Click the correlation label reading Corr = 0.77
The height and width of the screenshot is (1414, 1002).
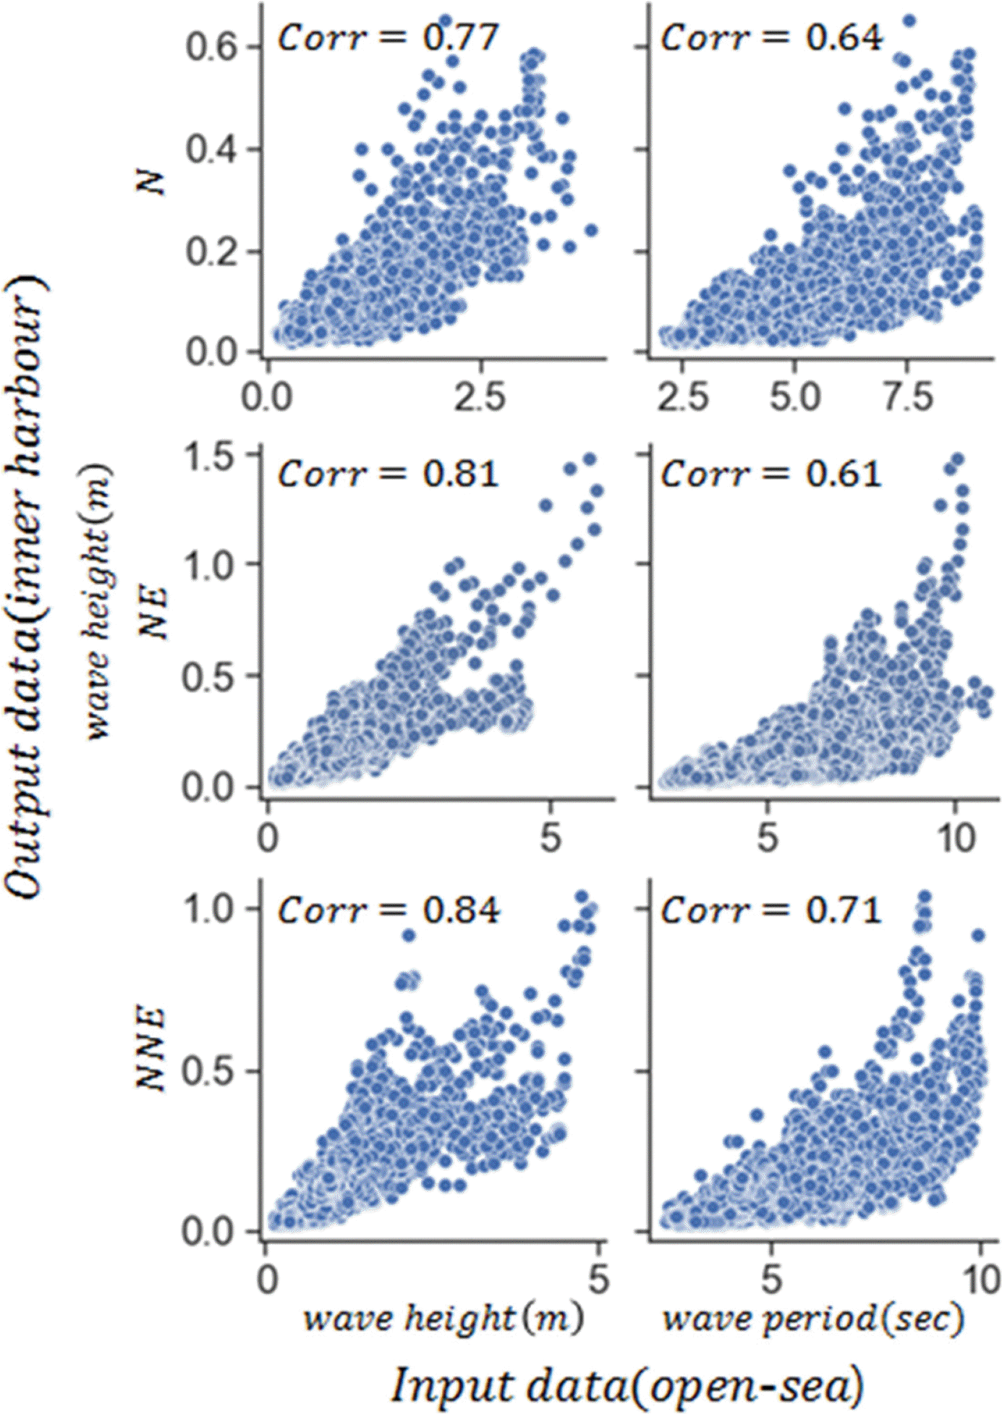tap(389, 38)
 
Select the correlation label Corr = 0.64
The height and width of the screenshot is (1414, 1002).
tap(771, 38)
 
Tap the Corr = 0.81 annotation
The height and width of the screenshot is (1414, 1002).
tap(389, 474)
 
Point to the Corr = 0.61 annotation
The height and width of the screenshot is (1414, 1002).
tap(771, 474)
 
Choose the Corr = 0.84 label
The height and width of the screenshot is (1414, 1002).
tap(389, 910)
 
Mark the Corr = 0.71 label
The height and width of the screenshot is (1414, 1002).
tap(771, 910)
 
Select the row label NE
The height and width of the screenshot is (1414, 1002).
tap(153, 612)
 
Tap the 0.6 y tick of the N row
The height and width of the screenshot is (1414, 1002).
tap(211, 47)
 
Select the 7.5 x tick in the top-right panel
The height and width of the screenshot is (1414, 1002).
tap(910, 398)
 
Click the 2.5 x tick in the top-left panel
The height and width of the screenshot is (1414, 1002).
tap(480, 398)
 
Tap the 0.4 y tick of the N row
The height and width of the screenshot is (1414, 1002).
tap(211, 150)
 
